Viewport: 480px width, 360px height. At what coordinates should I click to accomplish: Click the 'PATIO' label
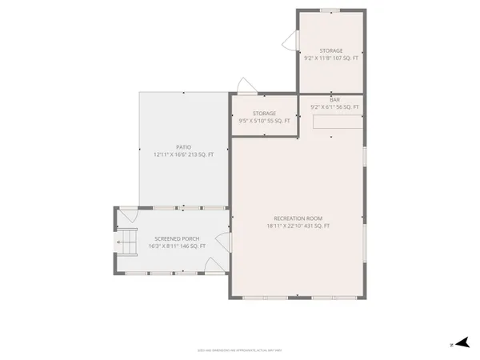(x=183, y=146)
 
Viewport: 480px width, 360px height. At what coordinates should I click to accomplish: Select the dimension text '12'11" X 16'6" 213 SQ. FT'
(x=183, y=154)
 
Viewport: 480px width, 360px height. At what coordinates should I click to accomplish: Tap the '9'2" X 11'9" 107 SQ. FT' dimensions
(x=330, y=58)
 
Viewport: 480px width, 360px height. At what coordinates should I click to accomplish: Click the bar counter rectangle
(x=336, y=122)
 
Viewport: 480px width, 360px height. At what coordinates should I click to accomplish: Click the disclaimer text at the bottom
(x=240, y=350)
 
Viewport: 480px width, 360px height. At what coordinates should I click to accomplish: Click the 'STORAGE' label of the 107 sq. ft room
(x=330, y=50)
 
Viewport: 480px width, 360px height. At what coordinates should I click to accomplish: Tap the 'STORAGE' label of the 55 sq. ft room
(x=264, y=114)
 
